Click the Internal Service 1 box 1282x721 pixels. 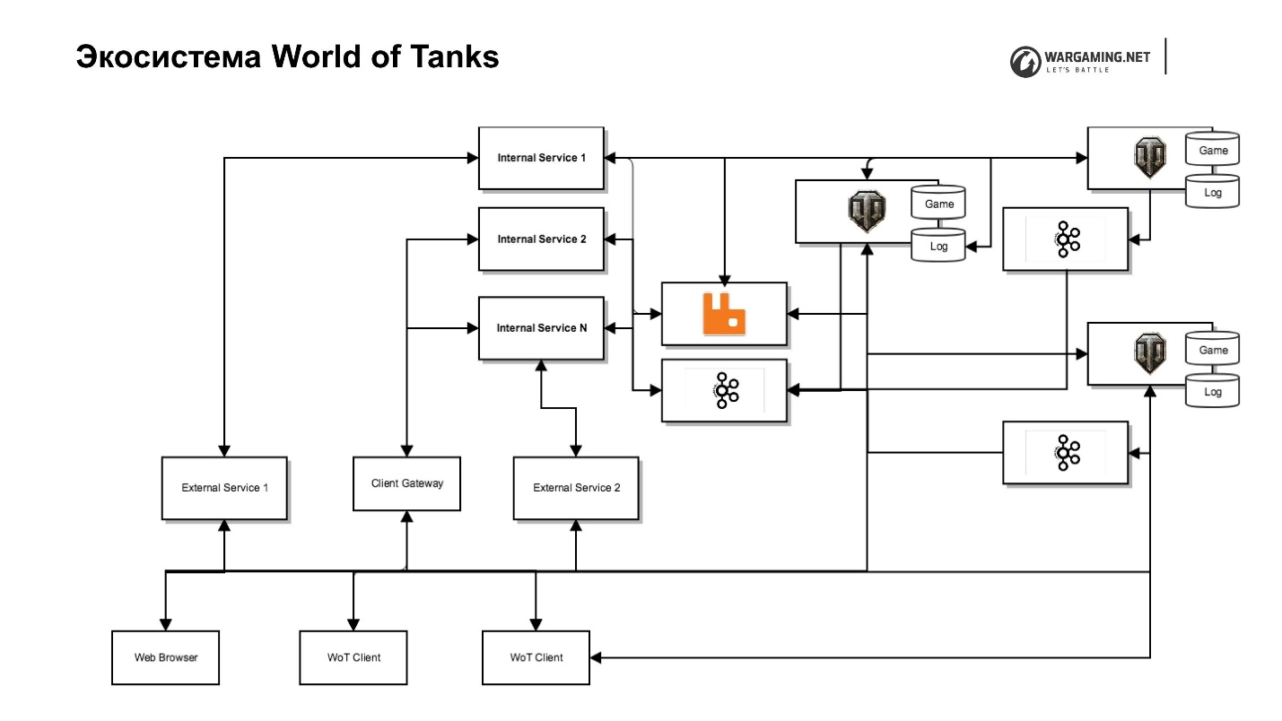(x=541, y=158)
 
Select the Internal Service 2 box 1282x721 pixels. (x=541, y=239)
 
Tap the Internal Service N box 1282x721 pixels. (x=541, y=328)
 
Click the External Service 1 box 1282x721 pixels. (x=224, y=488)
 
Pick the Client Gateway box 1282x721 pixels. (x=406, y=483)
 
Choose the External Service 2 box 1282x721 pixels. (x=576, y=488)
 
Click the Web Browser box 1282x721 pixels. (x=165, y=657)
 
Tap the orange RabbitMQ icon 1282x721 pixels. (x=724, y=314)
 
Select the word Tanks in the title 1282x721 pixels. (x=454, y=56)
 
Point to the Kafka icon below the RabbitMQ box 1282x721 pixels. (x=724, y=390)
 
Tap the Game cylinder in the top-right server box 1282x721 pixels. (x=1213, y=151)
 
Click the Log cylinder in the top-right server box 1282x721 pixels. (x=1213, y=192)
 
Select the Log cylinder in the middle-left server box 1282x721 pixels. (x=938, y=246)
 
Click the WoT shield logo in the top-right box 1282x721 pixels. (x=1149, y=158)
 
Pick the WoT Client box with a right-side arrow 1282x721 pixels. (x=536, y=657)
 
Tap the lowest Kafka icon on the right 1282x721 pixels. (x=1066, y=453)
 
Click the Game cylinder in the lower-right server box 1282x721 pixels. (x=1213, y=350)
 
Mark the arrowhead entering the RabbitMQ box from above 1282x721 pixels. (x=725, y=276)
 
